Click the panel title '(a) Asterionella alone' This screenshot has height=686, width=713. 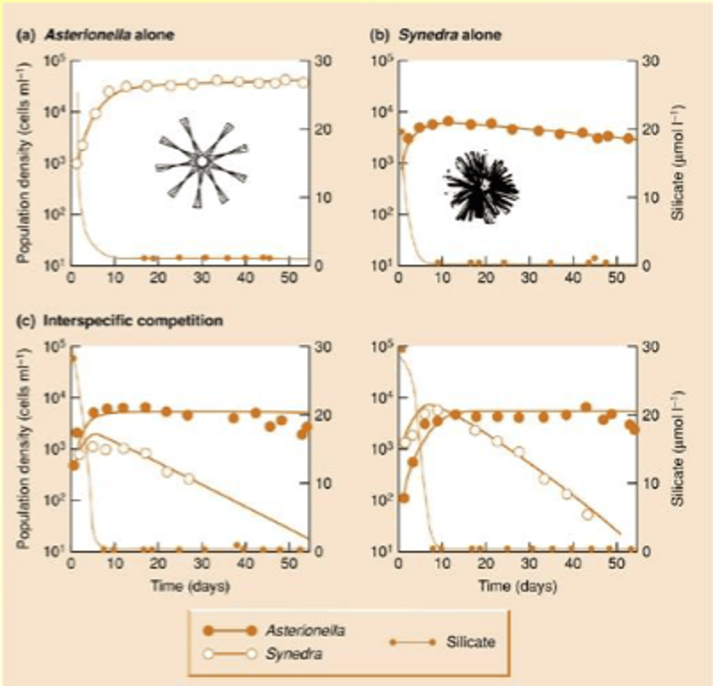point(95,35)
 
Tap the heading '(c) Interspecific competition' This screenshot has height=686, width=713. point(120,321)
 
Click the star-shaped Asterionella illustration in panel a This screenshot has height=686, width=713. point(201,162)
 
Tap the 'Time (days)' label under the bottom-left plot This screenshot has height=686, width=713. point(190,586)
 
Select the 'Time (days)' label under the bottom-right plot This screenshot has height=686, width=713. point(518,586)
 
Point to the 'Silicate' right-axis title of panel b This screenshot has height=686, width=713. point(679,162)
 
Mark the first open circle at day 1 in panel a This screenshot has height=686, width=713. point(76,163)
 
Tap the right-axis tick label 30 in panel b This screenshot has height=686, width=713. point(654,62)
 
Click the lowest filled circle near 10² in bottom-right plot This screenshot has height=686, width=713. point(403,498)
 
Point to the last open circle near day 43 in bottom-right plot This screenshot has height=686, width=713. point(588,514)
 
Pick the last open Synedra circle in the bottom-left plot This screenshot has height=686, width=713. point(189,478)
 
